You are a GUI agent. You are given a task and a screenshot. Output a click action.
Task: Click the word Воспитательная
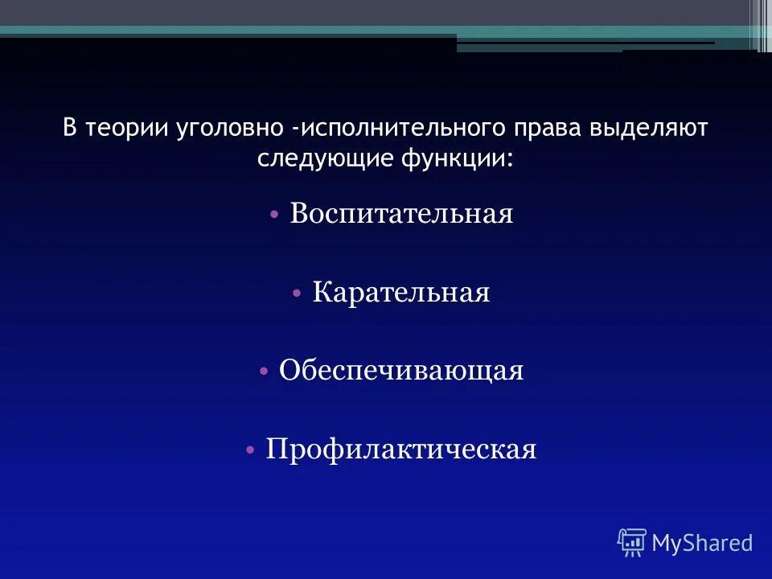pyautogui.click(x=401, y=214)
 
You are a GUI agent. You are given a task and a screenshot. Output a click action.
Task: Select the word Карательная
pyautogui.click(x=401, y=292)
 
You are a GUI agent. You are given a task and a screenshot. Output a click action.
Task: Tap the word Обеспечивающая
pyautogui.click(x=401, y=370)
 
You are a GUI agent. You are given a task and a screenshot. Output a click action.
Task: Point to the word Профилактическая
pyautogui.click(x=401, y=449)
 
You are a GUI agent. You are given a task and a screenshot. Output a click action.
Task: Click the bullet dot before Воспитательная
pyautogui.click(x=274, y=215)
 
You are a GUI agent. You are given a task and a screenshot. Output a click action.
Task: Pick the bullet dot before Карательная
pyautogui.click(x=297, y=293)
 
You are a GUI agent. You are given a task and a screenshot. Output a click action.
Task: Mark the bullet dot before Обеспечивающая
pyautogui.click(x=264, y=371)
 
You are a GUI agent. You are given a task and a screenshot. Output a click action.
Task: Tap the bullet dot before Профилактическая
pyautogui.click(x=250, y=450)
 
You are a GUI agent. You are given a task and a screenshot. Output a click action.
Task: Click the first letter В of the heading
pyautogui.click(x=69, y=129)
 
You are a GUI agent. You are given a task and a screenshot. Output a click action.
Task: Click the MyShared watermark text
pyautogui.click(x=702, y=543)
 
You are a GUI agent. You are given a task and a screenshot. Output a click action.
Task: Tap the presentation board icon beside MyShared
pyautogui.click(x=631, y=543)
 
